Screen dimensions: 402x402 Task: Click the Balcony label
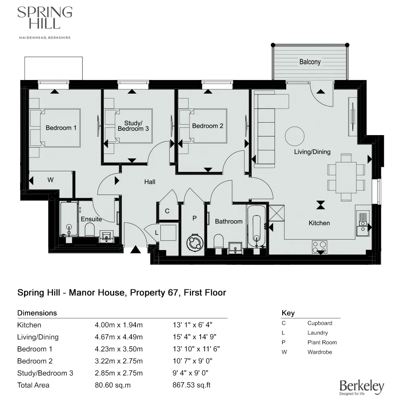310,62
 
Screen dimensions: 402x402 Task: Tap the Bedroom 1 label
61,128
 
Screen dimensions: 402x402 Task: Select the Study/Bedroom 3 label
131,126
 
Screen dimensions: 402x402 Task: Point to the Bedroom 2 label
207,126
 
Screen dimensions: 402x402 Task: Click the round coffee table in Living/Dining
295,137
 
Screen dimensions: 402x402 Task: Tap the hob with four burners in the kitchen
320,246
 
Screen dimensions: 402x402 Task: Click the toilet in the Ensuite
90,230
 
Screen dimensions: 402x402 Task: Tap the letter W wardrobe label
50,180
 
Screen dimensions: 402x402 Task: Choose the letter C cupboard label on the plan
167,211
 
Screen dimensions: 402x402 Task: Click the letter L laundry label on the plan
157,232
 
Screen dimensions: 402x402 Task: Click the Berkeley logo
361,387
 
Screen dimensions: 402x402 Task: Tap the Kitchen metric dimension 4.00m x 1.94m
119,325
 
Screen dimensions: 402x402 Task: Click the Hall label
150,182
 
